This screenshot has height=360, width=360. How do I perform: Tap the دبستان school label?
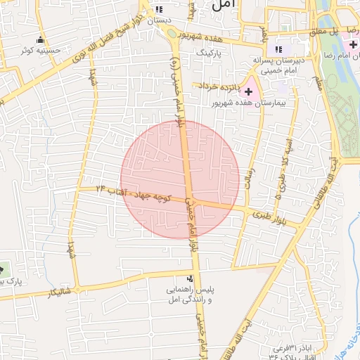click(x=160, y=20)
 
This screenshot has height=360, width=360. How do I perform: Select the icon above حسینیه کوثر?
click(x=40, y=39)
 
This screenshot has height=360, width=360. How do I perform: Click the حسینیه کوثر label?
click(x=40, y=51)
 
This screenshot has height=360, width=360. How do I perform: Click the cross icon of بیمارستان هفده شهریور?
click(x=249, y=91)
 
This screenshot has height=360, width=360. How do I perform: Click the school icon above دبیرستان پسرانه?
click(x=279, y=49)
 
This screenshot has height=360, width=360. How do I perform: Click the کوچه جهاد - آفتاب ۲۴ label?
click(x=134, y=191)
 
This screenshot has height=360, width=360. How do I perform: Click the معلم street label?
click(x=319, y=81)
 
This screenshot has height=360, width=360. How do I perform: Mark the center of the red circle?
click(x=180, y=180)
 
